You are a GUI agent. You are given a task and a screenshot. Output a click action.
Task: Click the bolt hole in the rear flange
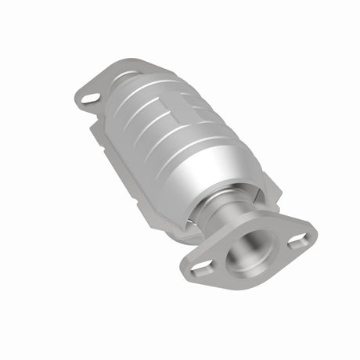pos(88,99)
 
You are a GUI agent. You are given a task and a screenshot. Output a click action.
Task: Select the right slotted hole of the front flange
pos(298,242)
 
